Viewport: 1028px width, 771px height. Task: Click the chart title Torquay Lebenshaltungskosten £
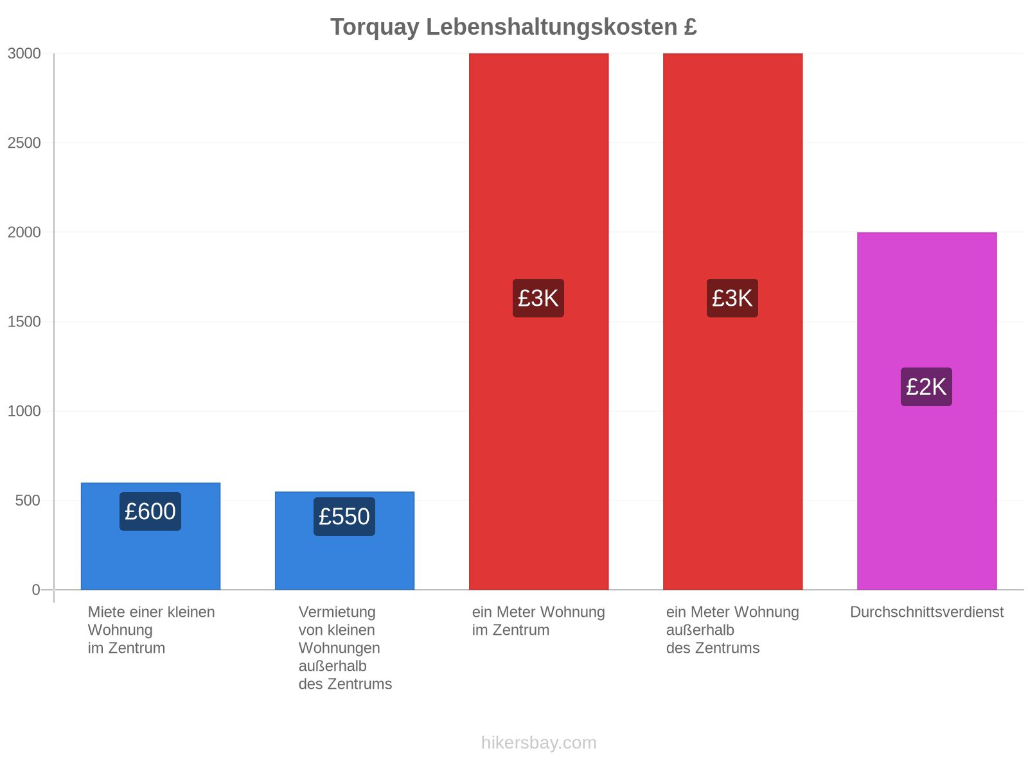[x=513, y=27]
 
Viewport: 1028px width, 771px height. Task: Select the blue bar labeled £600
[x=150, y=536]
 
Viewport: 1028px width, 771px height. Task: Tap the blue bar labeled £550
[x=344, y=540]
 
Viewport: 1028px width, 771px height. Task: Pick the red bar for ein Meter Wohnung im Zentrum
[x=538, y=321]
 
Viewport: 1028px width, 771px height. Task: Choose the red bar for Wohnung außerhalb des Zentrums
[x=732, y=321]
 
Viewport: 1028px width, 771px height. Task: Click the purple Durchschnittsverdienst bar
[x=926, y=411]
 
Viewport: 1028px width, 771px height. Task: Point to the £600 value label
[x=150, y=511]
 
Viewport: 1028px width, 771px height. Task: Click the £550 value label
[x=344, y=516]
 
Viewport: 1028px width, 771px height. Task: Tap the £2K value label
[x=926, y=386]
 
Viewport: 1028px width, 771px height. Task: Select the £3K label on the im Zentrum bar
[x=538, y=297]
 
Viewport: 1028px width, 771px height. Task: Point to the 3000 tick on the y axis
[x=24, y=53]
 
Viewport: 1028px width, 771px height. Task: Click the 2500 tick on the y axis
[x=24, y=143]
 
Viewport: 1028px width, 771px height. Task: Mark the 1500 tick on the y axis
[x=24, y=322]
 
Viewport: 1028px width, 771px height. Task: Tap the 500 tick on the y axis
[x=28, y=501]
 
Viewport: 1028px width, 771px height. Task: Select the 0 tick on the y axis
[x=36, y=589]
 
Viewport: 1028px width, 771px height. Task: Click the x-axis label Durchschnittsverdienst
[x=926, y=612]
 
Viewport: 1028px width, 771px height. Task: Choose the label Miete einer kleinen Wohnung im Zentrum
[x=151, y=630]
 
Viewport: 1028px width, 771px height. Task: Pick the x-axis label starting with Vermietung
[x=345, y=648]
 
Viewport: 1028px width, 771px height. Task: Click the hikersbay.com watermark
[x=538, y=743]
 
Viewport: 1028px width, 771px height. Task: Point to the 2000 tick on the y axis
[x=24, y=232]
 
